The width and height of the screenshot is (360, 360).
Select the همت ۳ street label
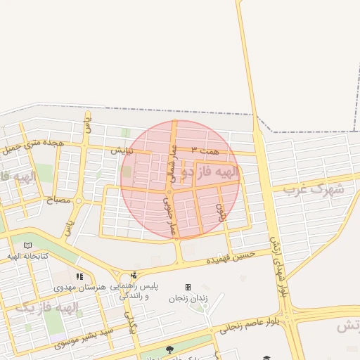coord(205,150)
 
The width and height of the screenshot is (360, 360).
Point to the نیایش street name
coord(122,150)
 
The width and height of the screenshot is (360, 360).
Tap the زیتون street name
coord(222,212)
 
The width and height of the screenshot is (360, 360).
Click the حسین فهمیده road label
coord(229,259)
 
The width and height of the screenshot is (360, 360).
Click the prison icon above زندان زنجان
coord(188,287)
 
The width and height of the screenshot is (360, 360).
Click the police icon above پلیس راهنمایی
coord(134,275)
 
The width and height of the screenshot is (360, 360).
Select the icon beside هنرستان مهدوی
coord(79,277)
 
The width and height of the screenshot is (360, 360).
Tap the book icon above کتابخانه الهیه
coord(27,245)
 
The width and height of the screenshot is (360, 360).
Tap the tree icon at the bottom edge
coord(169,349)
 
